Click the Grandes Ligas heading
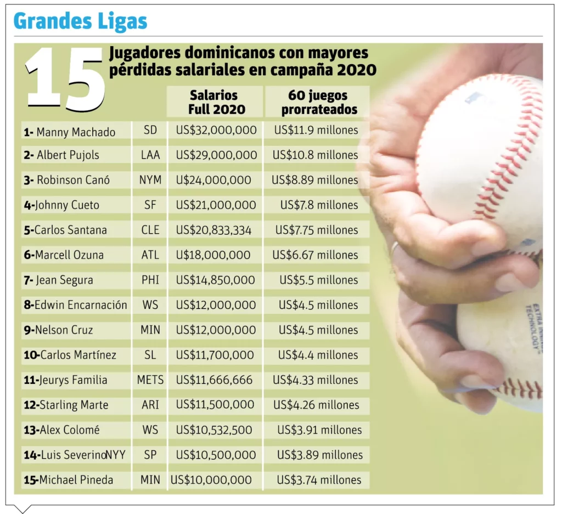coord(80,21)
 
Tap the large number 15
coord(65,78)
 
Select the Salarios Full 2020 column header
coord(213,103)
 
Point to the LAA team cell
coord(150,155)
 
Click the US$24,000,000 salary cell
coord(213,180)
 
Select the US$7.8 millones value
coord(319,205)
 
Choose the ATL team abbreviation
coord(150,255)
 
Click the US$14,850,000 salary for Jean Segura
coord(215,280)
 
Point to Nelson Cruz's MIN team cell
coord(150,330)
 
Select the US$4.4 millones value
coord(318,355)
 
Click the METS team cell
coord(150,380)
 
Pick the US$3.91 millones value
coord(319,430)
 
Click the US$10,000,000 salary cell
coord(211,480)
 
